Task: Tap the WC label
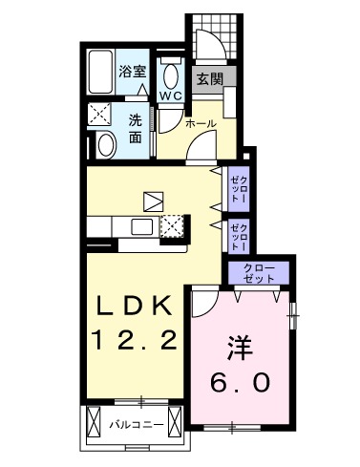(171, 96)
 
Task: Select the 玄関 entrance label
(210, 80)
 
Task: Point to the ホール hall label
(200, 124)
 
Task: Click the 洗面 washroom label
(137, 128)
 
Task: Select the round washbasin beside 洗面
(105, 145)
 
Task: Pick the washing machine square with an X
(100, 116)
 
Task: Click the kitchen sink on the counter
(142, 227)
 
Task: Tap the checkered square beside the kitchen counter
(173, 227)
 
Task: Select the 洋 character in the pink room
(241, 345)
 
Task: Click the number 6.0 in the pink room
(241, 382)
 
